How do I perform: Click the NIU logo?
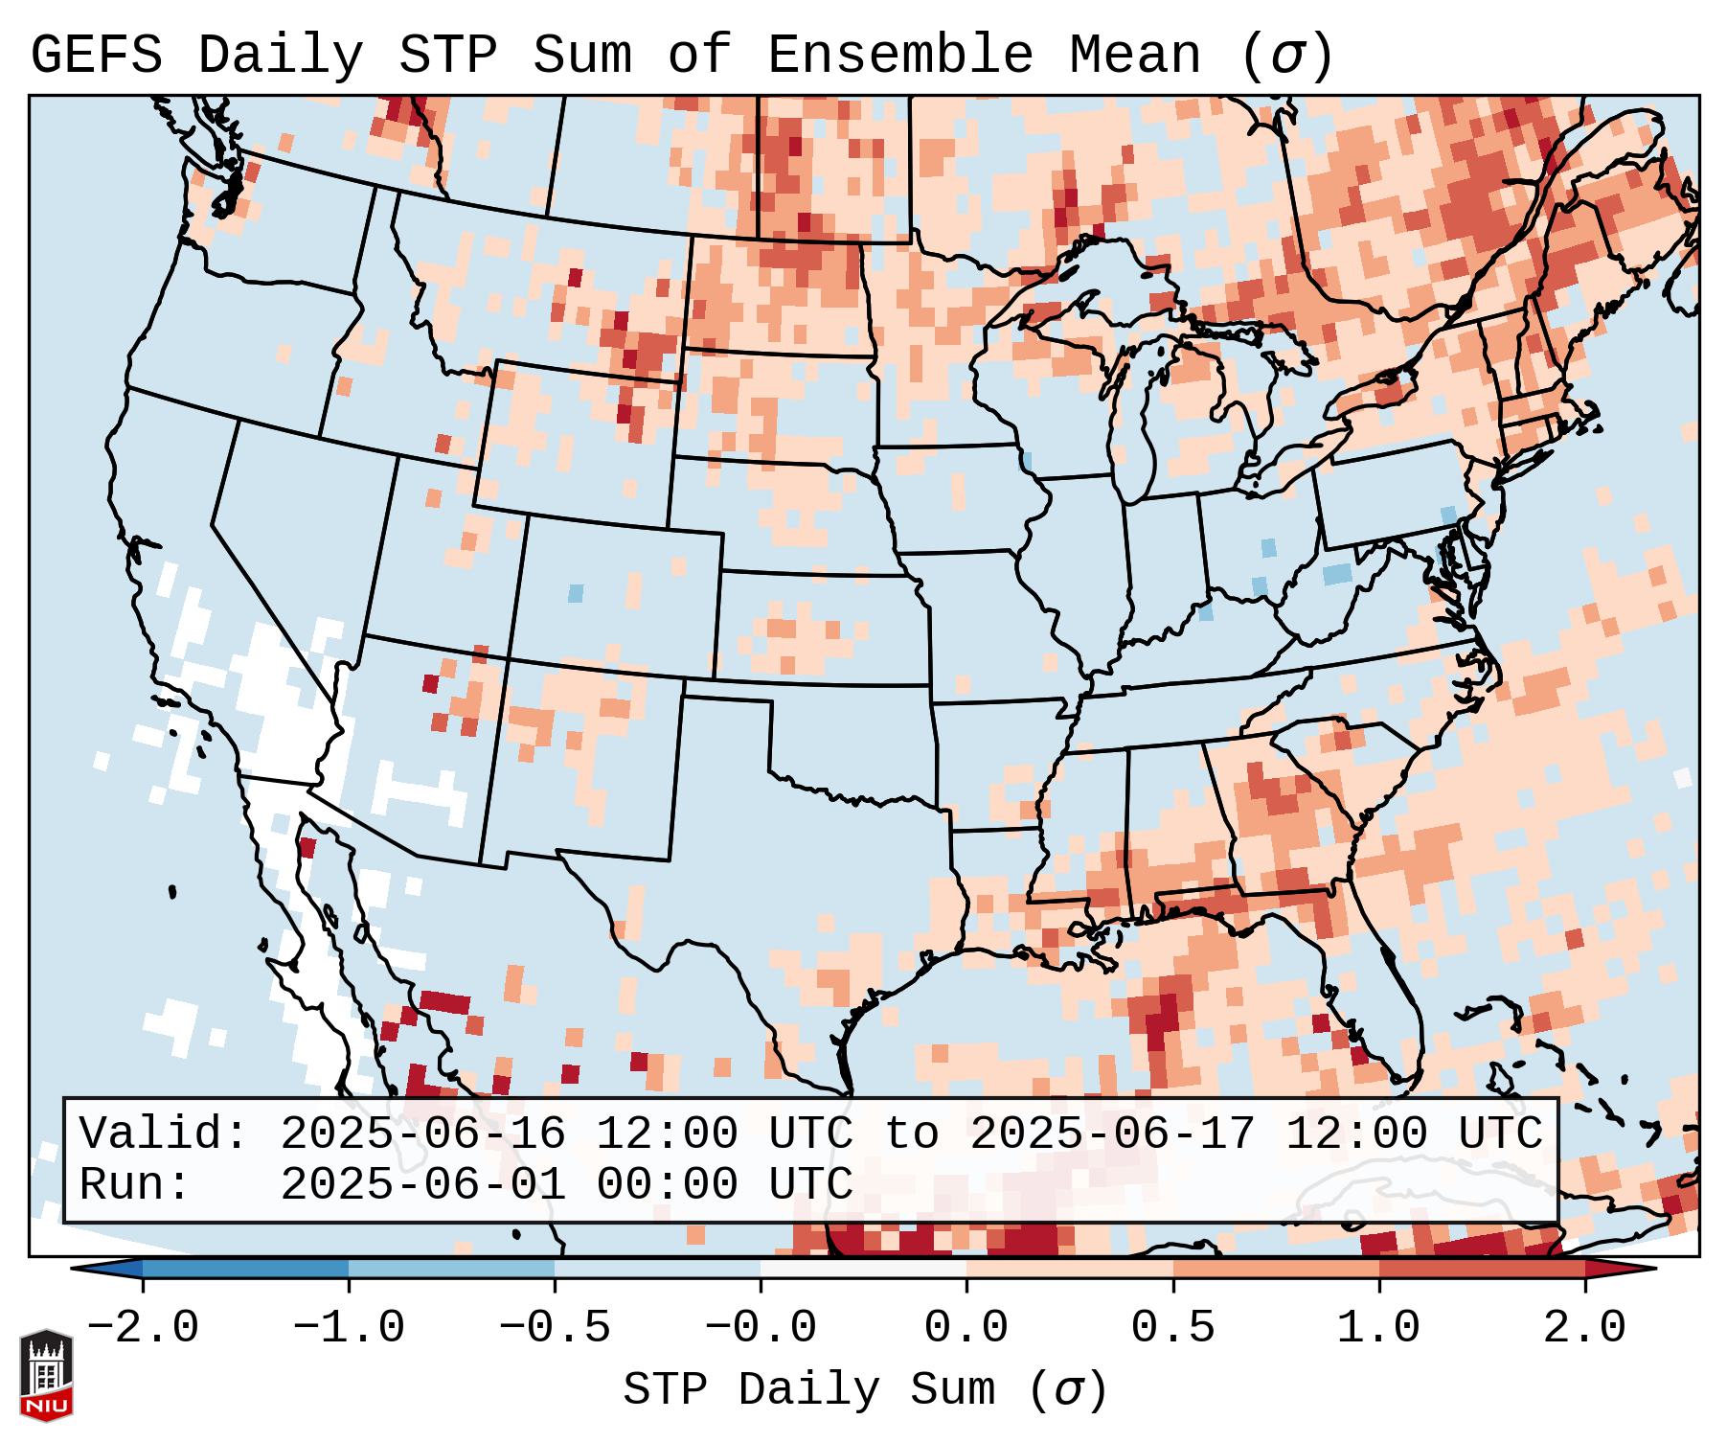(x=46, y=1374)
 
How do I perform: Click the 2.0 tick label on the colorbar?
(x=1584, y=1328)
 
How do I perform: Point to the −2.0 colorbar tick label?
(x=142, y=1328)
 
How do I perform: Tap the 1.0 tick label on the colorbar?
(x=1378, y=1328)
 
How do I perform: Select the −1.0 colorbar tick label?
(x=348, y=1328)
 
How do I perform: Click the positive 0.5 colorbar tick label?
(x=1172, y=1328)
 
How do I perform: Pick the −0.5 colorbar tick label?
(x=554, y=1328)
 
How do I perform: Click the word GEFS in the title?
(x=97, y=55)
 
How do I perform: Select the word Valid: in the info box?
(x=163, y=1134)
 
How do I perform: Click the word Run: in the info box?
(x=134, y=1184)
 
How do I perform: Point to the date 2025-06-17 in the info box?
(x=1112, y=1134)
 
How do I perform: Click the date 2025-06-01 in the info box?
(x=422, y=1184)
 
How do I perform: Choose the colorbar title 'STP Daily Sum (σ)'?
(x=865, y=1389)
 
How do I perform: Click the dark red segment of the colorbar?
(x=1481, y=1269)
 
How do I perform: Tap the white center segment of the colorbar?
(x=863, y=1269)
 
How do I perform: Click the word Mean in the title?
(x=1135, y=55)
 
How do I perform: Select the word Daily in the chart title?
(x=281, y=55)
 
